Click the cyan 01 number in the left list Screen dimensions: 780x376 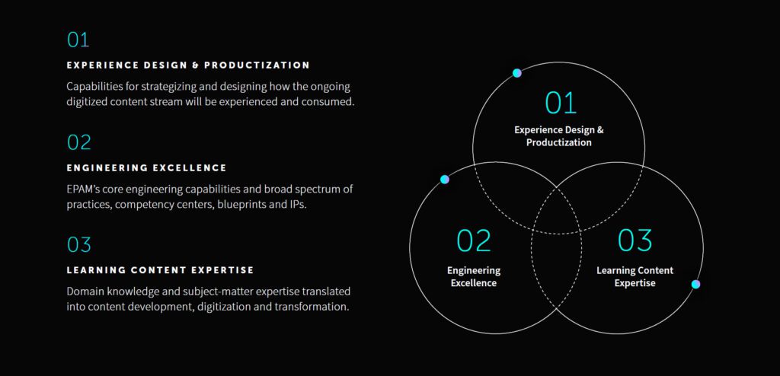pyautogui.click(x=78, y=40)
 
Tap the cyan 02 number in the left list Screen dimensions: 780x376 pyautogui.click(x=79, y=142)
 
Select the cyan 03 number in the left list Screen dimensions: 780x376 pyautogui.click(x=79, y=244)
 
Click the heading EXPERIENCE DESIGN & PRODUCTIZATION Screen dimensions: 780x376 pyautogui.click(x=188, y=65)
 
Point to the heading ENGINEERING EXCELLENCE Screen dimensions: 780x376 pyautogui.click(x=147, y=168)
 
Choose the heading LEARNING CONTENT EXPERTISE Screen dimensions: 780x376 pyautogui.click(x=160, y=270)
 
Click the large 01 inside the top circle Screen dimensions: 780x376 pyautogui.click(x=561, y=103)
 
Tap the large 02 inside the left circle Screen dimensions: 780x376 pyautogui.click(x=474, y=241)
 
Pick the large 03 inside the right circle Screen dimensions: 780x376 pyautogui.click(x=635, y=241)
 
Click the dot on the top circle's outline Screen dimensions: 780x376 pyautogui.click(x=517, y=73)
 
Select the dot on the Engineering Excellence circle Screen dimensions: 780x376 pyautogui.click(x=444, y=179)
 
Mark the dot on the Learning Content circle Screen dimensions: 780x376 pyautogui.click(x=696, y=284)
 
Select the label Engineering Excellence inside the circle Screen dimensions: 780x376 pyautogui.click(x=474, y=277)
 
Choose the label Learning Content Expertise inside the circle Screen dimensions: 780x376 pyautogui.click(x=635, y=277)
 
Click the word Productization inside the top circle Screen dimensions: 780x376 pyautogui.click(x=559, y=142)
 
